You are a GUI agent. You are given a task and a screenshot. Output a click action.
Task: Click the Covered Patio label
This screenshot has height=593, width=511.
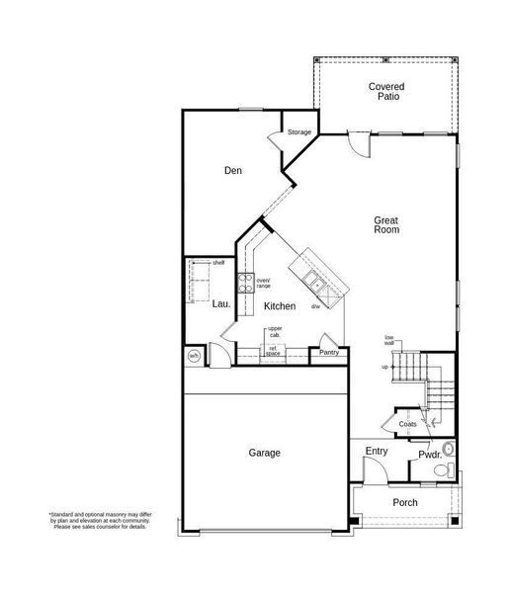click(x=385, y=92)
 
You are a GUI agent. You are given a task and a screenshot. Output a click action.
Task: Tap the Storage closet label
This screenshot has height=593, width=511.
click(x=298, y=131)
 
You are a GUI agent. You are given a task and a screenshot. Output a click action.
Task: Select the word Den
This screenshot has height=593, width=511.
click(x=232, y=171)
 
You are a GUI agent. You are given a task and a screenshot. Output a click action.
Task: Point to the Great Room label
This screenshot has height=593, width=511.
click(x=385, y=224)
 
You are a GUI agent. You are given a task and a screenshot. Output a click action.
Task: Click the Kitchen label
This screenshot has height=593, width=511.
click(x=280, y=306)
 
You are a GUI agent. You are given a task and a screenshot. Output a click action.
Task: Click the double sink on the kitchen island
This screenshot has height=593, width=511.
click(x=316, y=284)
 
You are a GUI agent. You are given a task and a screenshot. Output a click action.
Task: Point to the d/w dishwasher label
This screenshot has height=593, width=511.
click(x=315, y=306)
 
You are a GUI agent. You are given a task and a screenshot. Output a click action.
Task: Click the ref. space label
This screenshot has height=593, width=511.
click(x=271, y=351)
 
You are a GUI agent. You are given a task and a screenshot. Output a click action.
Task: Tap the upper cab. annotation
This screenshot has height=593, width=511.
click(x=274, y=331)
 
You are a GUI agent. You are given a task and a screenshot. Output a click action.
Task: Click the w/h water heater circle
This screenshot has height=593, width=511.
click(x=195, y=356)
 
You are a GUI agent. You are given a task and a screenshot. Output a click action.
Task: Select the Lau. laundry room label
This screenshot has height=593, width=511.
click(x=221, y=305)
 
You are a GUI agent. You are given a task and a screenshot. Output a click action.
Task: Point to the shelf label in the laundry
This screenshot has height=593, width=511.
click(x=218, y=263)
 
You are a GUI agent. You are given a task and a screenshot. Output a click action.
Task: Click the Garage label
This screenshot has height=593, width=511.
click(x=264, y=453)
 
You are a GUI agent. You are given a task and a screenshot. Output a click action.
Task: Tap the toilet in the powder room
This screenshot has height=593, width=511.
click(x=449, y=467)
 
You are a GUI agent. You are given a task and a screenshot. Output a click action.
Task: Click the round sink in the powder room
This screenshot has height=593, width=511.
click(x=450, y=448)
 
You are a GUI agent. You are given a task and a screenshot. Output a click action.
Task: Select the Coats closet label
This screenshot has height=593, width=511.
click(x=407, y=424)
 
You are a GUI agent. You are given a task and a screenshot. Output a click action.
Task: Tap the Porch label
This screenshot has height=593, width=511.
click(x=404, y=502)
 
